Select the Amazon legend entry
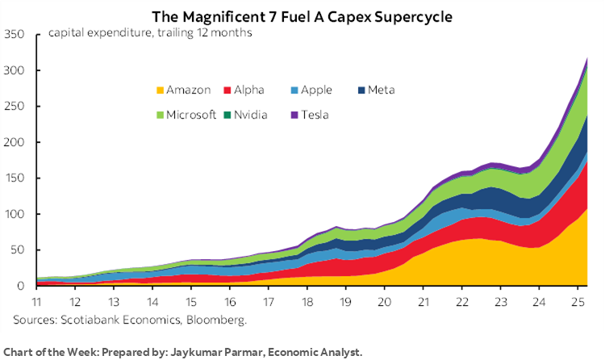point(186,90)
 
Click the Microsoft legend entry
point(185,115)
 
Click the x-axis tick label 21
point(424,300)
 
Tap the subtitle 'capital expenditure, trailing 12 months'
point(149,33)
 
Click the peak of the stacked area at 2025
point(586,58)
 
